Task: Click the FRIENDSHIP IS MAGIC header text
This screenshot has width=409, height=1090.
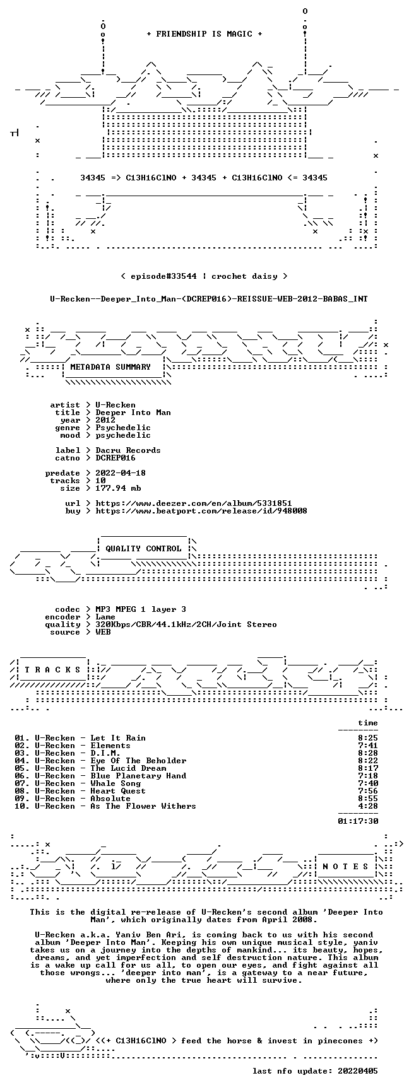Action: [204, 34]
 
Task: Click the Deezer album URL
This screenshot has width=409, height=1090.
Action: [194, 503]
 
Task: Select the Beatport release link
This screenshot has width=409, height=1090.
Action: [201, 511]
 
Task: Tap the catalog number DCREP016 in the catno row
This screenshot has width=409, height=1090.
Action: [116, 458]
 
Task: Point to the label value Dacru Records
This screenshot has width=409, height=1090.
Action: [128, 450]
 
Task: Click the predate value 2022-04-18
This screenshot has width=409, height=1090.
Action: [121, 473]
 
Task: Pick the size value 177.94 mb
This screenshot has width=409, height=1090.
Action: [118, 488]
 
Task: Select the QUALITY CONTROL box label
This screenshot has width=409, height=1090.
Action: [143, 549]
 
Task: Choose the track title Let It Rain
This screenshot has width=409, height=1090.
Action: [118, 738]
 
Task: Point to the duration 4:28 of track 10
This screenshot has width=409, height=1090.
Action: [368, 806]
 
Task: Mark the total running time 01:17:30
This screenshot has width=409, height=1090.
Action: [358, 821]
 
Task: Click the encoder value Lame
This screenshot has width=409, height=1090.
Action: [105, 617]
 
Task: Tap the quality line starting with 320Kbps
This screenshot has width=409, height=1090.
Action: [186, 624]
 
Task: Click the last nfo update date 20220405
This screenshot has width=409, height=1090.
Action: [358, 1071]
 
